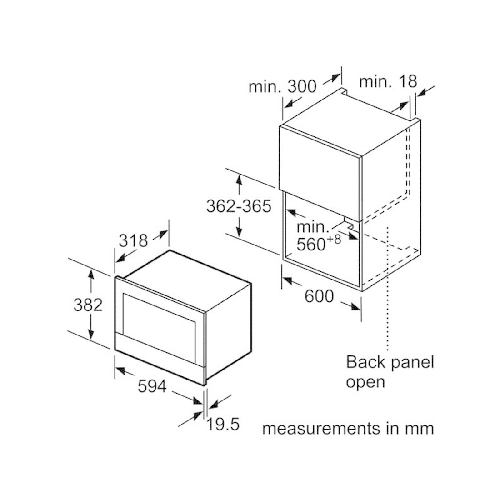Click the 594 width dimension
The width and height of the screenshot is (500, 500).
point(152,386)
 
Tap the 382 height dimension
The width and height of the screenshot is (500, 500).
point(88,305)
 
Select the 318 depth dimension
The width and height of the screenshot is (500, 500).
point(133,240)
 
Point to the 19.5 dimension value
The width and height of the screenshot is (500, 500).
point(223,424)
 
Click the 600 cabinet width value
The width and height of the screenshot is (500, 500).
point(319,296)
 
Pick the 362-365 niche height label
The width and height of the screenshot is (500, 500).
point(239,206)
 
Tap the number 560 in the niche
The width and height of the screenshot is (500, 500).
point(311,245)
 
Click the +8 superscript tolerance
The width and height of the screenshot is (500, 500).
point(334,239)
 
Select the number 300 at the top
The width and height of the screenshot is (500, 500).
point(302,86)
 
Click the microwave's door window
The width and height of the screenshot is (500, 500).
point(159,317)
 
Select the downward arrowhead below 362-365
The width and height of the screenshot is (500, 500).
point(239,231)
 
